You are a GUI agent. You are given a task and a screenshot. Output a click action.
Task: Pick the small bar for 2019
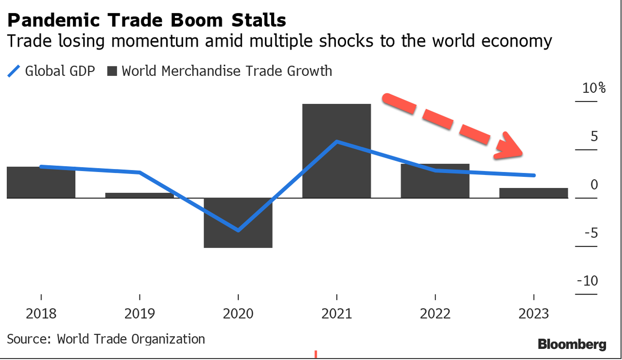pyautogui.click(x=139, y=195)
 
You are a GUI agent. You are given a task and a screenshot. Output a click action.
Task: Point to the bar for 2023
pyautogui.click(x=534, y=193)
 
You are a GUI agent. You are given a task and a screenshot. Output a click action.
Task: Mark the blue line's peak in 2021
pyautogui.click(x=337, y=141)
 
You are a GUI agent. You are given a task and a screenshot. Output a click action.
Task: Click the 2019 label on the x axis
pyautogui.click(x=139, y=313)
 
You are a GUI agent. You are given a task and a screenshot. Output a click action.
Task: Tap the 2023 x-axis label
pyautogui.click(x=534, y=313)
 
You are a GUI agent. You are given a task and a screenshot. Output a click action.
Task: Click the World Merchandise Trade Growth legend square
pyautogui.click(x=112, y=71)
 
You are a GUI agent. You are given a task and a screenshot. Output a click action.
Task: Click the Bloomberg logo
pyautogui.click(x=572, y=345)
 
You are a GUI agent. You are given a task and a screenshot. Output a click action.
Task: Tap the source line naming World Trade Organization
pyautogui.click(x=106, y=339)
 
